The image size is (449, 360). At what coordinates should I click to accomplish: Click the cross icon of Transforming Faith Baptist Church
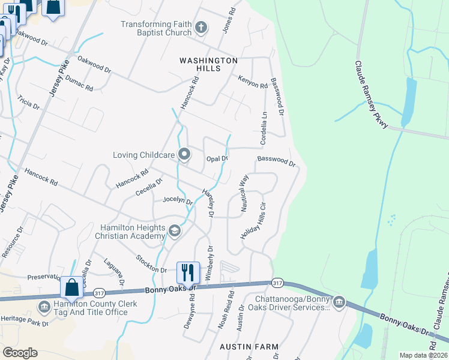pyautogui.click(x=201, y=28)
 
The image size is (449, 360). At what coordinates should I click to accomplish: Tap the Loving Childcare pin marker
pyautogui.click(x=185, y=155)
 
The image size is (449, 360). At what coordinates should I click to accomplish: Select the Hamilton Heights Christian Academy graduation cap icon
pyautogui.click(x=174, y=232)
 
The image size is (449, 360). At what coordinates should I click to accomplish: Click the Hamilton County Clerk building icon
pyautogui.click(x=44, y=307)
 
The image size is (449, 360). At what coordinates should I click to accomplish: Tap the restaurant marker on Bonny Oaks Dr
pyautogui.click(x=187, y=273)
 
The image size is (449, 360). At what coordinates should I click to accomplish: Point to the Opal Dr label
pyautogui.click(x=217, y=159)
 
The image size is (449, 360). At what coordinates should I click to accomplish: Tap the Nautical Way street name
pyautogui.click(x=244, y=193)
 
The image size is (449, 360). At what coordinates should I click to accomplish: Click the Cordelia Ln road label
pyautogui.click(x=263, y=127)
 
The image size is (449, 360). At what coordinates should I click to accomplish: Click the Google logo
pyautogui.click(x=20, y=352)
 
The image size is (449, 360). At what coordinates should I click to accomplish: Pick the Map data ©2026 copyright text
pyautogui.click(x=423, y=355)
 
